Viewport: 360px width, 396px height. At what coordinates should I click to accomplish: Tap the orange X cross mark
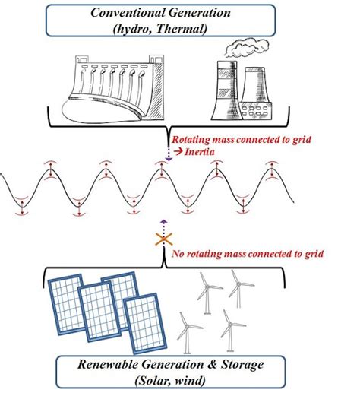162,240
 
